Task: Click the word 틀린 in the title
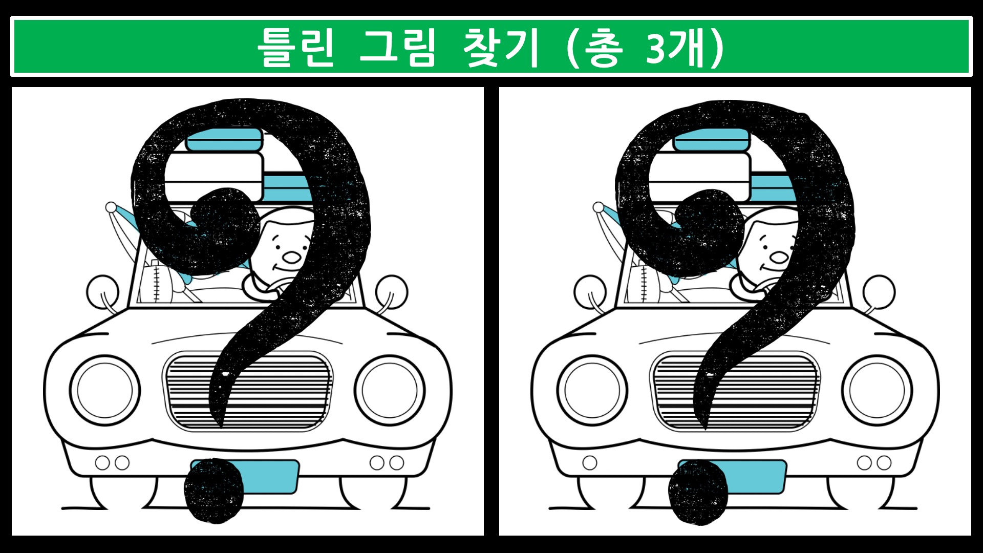295,47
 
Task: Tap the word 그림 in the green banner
397,47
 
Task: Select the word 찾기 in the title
501,47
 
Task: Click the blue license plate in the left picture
245,477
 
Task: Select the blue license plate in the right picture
732,477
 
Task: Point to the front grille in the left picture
247,391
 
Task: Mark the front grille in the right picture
735,391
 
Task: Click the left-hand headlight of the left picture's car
105,391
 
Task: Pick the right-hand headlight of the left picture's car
390,391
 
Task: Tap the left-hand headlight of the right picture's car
592,391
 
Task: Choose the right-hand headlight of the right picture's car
878,391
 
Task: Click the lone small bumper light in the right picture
590,463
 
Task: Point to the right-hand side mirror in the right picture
879,291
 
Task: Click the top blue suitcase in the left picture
224,139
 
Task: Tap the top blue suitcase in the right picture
711,139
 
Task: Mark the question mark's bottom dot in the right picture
698,492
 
